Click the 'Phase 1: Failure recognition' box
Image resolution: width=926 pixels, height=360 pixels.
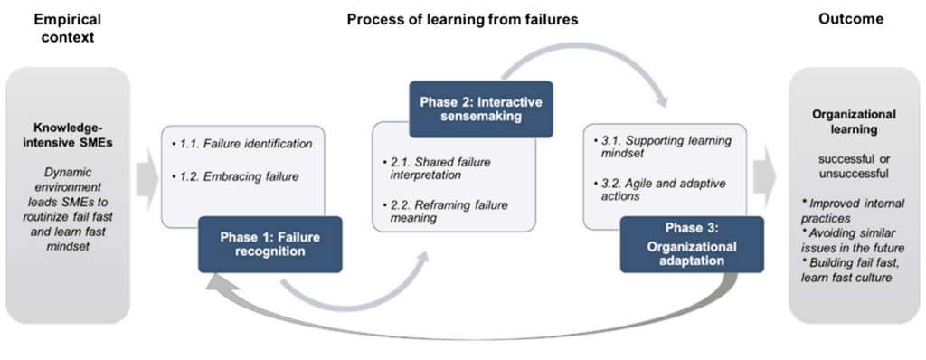269,244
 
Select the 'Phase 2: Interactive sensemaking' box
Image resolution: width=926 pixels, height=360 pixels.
481,109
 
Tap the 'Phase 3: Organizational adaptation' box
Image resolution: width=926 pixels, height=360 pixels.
692,244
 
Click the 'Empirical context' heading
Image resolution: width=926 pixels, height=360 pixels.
67,27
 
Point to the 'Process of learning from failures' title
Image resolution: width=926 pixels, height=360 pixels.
462,20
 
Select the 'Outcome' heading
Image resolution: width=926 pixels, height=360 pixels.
851,19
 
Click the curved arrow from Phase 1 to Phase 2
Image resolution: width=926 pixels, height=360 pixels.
354,291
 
